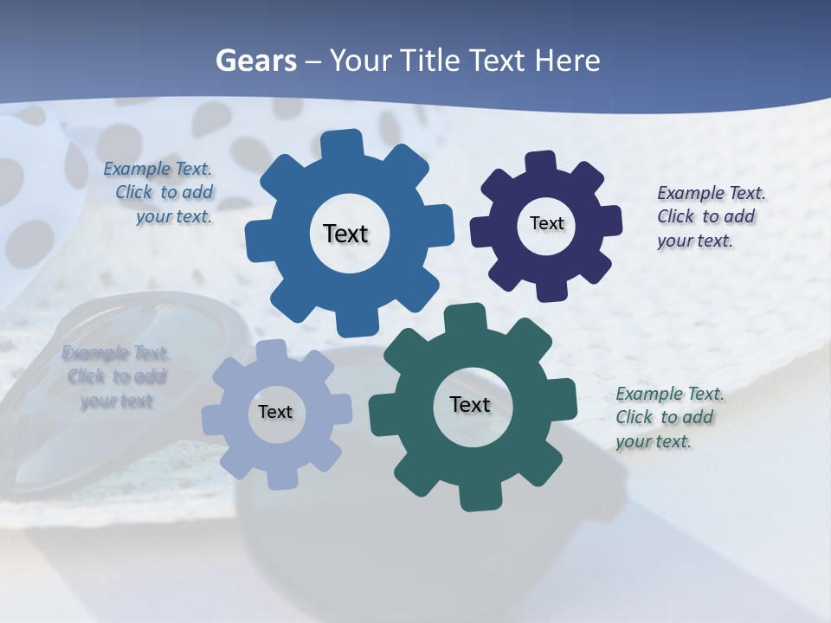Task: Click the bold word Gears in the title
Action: coord(256,61)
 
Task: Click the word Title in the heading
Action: coord(433,61)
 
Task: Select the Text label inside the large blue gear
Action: coord(345,234)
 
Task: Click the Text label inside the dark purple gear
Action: coord(547,223)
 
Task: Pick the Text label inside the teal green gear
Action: coord(470,404)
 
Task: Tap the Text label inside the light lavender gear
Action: coord(275,412)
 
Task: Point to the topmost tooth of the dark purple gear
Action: coord(539,164)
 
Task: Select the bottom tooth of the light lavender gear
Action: coord(281,478)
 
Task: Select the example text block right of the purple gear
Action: coord(710,216)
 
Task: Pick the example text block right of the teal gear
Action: coord(668,417)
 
